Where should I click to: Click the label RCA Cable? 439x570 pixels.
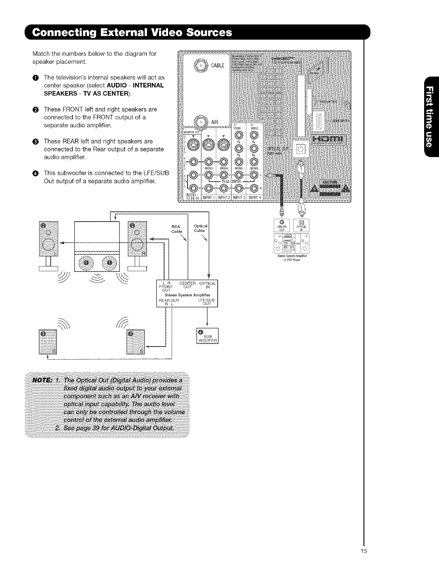coord(177,229)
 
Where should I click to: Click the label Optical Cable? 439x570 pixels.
coord(200,228)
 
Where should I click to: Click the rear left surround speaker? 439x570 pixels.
coord(48,342)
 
